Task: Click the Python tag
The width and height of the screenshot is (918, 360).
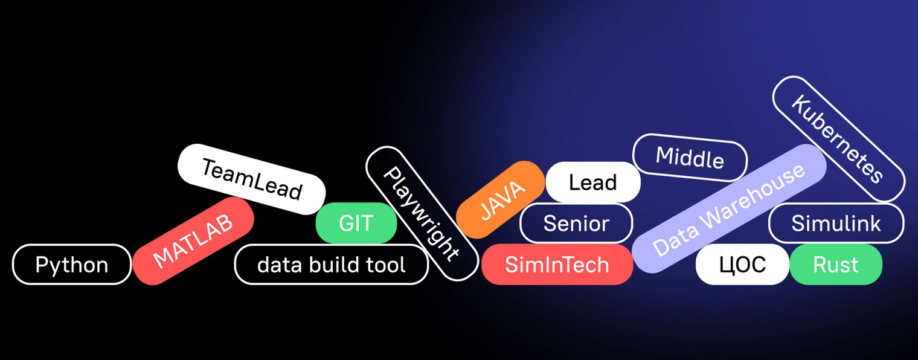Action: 71,265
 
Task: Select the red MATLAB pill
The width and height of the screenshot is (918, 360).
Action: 193,241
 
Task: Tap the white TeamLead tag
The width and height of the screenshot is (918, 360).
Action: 251,179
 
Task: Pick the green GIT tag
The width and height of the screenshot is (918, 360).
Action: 356,223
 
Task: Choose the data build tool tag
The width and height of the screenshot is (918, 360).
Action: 331,265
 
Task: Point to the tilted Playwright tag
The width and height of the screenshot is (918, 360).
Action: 422,214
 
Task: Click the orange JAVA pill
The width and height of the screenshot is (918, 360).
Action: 501,199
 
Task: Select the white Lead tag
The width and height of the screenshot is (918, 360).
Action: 592,182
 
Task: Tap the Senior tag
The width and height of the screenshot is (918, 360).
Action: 576,223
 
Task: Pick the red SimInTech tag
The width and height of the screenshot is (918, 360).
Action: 557,265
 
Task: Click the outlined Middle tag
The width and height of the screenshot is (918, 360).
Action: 690,158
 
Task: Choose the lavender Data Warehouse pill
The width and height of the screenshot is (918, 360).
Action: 729,208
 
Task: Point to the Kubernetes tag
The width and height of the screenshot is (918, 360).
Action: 838,139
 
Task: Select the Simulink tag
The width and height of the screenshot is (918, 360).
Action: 836,223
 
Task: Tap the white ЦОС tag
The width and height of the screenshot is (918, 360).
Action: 742,265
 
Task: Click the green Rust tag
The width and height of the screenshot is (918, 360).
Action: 836,265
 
